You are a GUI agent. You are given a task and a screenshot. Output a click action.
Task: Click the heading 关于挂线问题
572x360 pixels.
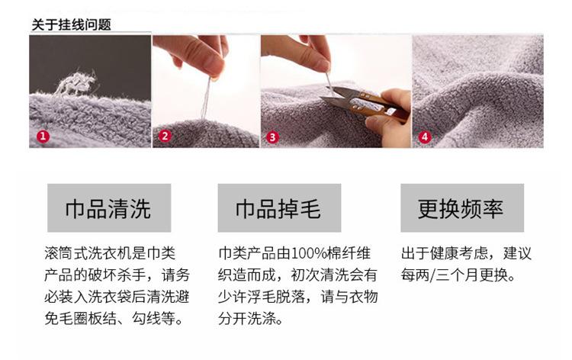(x=71, y=25)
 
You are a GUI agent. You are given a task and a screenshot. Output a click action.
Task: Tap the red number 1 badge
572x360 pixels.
(x=43, y=137)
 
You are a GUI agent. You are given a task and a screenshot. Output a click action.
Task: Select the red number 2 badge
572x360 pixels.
(x=165, y=136)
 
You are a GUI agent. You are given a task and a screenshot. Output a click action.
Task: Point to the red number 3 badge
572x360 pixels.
(x=272, y=137)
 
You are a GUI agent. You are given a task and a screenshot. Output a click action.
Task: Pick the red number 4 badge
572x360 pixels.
(x=424, y=137)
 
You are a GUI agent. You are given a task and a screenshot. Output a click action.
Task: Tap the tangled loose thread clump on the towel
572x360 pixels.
(x=76, y=84)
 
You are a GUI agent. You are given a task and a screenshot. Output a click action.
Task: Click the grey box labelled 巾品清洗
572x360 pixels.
(x=109, y=208)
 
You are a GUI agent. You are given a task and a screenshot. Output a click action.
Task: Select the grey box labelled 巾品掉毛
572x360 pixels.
(x=279, y=208)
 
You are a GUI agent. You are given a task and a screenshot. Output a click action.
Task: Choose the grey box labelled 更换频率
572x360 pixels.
(x=462, y=208)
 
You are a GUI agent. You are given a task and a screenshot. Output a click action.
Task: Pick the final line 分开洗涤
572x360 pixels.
(x=247, y=319)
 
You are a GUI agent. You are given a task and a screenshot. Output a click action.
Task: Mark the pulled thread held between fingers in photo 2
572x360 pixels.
(x=207, y=98)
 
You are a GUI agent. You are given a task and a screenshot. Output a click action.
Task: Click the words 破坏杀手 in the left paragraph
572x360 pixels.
(x=117, y=275)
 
